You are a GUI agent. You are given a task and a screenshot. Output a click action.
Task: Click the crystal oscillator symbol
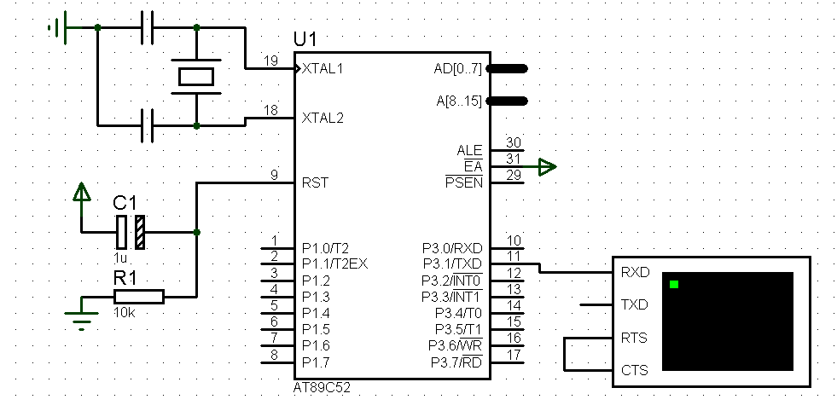click(x=196, y=77)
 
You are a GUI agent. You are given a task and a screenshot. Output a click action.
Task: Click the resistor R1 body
click(x=138, y=296)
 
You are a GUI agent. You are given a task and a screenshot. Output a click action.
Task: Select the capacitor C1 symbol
click(x=131, y=231)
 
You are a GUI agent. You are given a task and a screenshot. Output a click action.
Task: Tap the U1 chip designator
click(x=305, y=39)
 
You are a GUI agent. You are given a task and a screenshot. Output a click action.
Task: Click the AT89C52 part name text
click(x=321, y=387)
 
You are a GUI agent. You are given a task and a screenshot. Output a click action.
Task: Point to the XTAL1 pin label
click(x=323, y=68)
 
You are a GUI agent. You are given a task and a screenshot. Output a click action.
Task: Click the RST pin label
click(x=316, y=182)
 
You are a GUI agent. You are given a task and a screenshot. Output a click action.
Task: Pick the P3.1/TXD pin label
click(x=452, y=263)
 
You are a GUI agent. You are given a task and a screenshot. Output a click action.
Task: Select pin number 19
click(x=271, y=61)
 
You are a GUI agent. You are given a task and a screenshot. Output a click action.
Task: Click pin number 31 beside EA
click(x=514, y=159)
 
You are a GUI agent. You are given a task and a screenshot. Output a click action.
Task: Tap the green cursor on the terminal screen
click(x=674, y=284)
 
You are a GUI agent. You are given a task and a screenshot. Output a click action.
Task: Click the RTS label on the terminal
click(x=634, y=338)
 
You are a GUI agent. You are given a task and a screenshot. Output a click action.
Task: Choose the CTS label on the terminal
click(x=634, y=371)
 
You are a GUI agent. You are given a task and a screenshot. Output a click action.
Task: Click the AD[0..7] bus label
click(x=457, y=68)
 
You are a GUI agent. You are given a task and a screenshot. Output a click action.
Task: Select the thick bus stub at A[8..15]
click(x=509, y=101)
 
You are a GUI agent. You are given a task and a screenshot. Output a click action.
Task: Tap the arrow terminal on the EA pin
click(x=548, y=167)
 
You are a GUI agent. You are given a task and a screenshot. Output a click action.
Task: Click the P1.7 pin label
click(x=316, y=362)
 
